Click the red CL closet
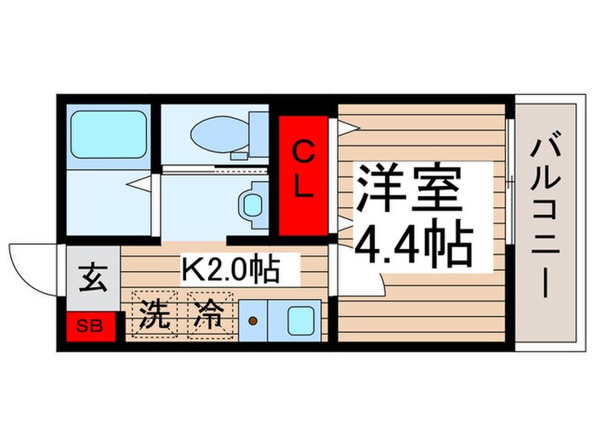(x=303, y=173)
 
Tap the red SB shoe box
(x=88, y=326)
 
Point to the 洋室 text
(x=409, y=189)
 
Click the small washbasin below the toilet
(x=252, y=203)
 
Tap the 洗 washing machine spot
(x=155, y=316)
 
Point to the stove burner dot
(x=253, y=321)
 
